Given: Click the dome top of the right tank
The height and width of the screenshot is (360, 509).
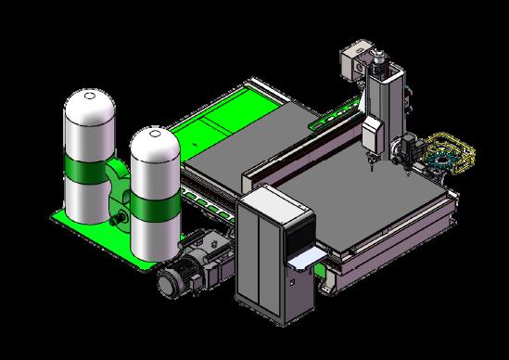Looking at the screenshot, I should (154, 144).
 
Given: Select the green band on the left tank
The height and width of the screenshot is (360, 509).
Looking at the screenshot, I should (87, 171).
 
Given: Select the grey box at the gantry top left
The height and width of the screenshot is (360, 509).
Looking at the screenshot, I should (351, 63).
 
